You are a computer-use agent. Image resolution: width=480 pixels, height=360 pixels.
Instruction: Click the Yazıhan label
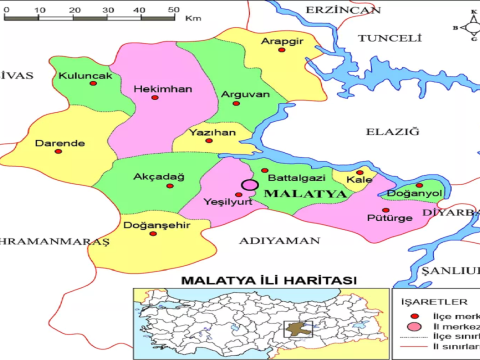[212, 132]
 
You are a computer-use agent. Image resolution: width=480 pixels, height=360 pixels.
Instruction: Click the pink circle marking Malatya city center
[249, 185]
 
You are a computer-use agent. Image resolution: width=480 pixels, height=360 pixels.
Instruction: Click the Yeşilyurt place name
[226, 201]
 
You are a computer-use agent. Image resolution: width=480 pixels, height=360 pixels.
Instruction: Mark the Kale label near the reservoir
[357, 180]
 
